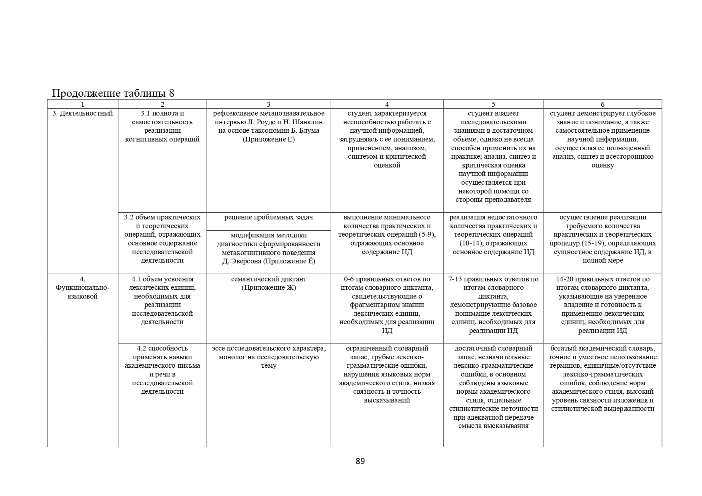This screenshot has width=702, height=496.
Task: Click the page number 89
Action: (360, 461)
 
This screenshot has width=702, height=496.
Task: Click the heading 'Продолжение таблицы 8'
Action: (113, 93)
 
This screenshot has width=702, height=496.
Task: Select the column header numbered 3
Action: (268, 104)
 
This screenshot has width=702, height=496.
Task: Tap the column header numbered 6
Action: (602, 104)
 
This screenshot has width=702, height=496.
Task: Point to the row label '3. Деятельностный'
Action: (83, 114)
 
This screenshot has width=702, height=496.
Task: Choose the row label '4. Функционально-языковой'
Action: (83, 288)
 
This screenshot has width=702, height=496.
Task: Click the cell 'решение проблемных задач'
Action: (268, 217)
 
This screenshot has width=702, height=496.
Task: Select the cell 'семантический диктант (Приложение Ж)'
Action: (268, 283)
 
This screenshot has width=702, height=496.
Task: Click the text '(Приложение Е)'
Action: (268, 139)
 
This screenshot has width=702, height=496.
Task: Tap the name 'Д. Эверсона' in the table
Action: (241, 261)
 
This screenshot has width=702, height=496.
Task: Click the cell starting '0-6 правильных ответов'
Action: (387, 305)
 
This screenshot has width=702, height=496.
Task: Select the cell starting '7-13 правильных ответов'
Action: (493, 305)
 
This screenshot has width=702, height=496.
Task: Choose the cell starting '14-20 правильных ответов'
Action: (602, 305)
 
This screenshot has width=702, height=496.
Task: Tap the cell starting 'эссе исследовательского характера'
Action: (268, 357)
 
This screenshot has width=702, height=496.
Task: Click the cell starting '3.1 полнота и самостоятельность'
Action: (162, 126)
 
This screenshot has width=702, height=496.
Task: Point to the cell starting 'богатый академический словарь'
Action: (602, 378)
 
